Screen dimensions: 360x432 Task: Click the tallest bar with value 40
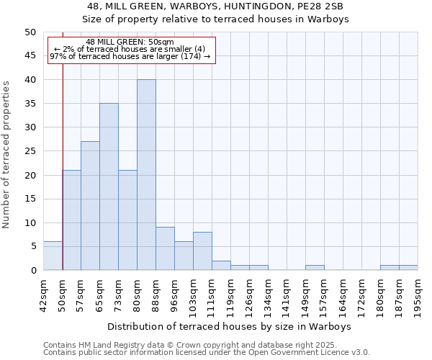point(146,175)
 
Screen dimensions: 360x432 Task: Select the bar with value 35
point(109,186)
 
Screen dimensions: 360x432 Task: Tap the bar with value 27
point(90,206)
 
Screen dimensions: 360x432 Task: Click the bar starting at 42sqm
point(53,256)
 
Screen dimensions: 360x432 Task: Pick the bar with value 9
point(165,248)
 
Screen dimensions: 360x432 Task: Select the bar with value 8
point(202,251)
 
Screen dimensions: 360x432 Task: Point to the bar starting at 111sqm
point(221,266)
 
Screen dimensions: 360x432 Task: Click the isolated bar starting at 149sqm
point(315,268)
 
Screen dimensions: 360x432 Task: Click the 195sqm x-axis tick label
point(418,296)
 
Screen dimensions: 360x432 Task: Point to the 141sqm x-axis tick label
point(287,296)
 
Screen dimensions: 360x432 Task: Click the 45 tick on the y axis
point(30,56)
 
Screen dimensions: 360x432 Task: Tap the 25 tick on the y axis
point(30,151)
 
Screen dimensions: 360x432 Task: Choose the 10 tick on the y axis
point(30,222)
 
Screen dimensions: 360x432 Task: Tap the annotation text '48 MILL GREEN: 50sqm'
point(130,42)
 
